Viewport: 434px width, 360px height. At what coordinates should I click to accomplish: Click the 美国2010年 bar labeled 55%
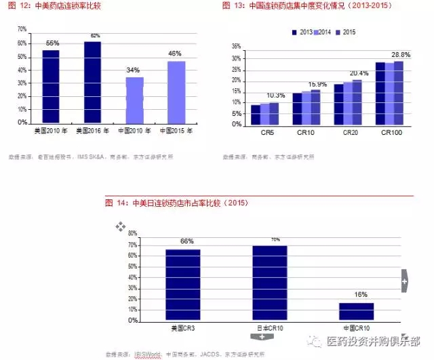pyautogui.click(x=51, y=86)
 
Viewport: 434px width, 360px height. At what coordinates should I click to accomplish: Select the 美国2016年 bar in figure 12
pyautogui.click(x=92, y=82)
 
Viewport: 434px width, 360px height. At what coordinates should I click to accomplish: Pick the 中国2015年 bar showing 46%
pyautogui.click(x=176, y=92)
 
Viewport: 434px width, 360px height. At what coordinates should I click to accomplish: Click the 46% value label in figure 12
pyautogui.click(x=175, y=53)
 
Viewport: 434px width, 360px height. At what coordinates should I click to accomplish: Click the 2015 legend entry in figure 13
pyautogui.click(x=345, y=32)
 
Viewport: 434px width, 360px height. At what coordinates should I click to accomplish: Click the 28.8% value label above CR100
pyautogui.click(x=401, y=54)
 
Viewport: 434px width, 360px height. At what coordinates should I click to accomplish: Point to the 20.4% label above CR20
pyautogui.click(x=359, y=73)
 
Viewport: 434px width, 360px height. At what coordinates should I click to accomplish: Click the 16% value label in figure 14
pyautogui.click(x=360, y=295)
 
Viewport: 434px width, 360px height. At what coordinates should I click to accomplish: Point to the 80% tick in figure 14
pyautogui.click(x=133, y=233)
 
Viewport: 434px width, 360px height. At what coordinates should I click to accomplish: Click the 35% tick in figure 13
pyautogui.click(x=237, y=47)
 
